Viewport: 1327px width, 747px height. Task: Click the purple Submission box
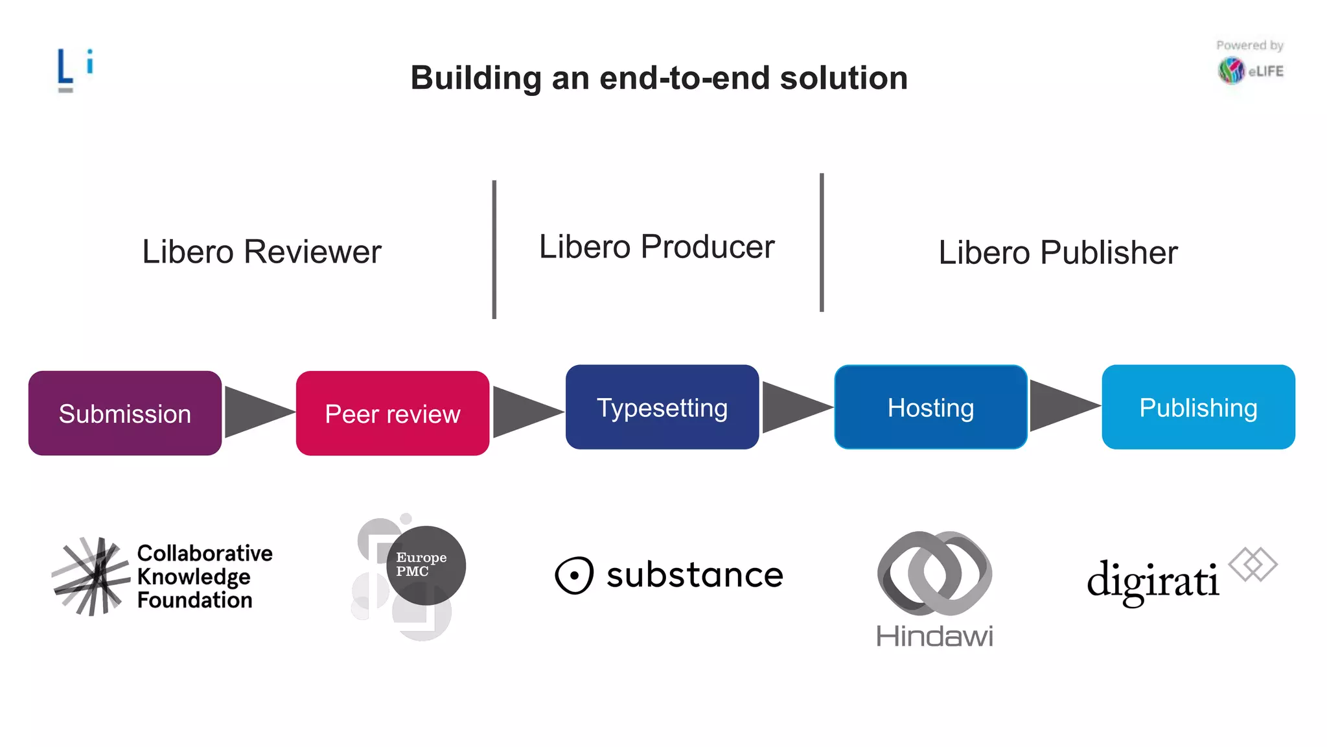pos(125,413)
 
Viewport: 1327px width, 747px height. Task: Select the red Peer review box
pos(393,413)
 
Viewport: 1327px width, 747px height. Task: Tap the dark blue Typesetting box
pos(662,407)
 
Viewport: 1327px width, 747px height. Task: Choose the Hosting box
pos(931,407)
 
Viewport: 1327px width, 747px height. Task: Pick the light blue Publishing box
pos(1198,407)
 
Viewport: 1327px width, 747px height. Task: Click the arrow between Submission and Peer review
pos(256,412)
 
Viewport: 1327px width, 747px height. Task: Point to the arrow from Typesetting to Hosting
pos(794,407)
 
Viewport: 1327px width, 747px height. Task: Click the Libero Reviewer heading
pos(262,252)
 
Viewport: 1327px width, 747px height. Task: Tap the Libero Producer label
pos(656,247)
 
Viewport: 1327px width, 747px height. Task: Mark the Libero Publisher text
pos(1057,252)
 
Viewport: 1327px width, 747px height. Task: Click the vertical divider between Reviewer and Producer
pos(494,250)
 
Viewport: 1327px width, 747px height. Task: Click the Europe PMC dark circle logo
pos(426,565)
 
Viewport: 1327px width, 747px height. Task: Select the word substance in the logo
pos(695,575)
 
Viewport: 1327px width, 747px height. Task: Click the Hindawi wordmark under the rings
pos(934,636)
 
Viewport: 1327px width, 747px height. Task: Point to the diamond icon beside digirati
pos(1253,564)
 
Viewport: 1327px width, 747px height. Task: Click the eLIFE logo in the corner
pos(1251,70)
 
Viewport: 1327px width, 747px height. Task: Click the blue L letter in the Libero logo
pos(65,67)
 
